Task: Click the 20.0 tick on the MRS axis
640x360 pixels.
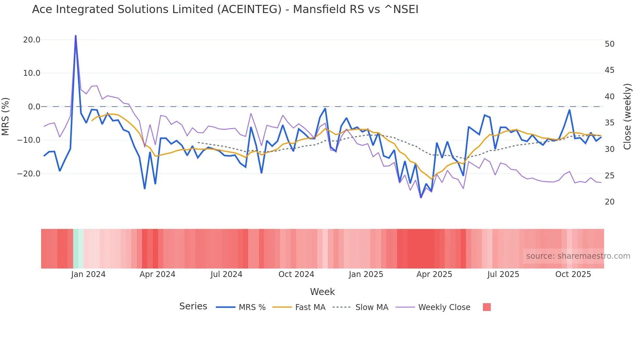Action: [31, 40]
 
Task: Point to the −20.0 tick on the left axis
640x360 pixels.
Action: [29, 174]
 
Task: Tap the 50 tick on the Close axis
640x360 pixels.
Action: [609, 44]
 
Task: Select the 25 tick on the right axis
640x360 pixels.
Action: [609, 176]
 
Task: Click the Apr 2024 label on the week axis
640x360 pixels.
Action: [157, 274]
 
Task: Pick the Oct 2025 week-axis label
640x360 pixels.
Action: [573, 274]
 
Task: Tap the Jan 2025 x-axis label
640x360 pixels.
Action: [366, 274]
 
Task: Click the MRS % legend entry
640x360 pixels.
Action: [252, 307]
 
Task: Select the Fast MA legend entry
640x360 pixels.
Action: [310, 307]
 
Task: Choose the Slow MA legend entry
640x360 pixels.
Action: [372, 307]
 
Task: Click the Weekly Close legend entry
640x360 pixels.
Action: [444, 307]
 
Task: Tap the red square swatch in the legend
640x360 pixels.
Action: [487, 307]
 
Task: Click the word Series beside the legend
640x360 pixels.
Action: [193, 306]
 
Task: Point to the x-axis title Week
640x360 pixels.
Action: [322, 292]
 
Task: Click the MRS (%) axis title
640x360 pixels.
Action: [6, 116]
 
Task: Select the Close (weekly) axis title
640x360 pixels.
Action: [627, 116]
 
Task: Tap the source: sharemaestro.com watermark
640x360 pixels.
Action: [578, 256]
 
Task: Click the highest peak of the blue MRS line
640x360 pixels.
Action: [76, 36]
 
